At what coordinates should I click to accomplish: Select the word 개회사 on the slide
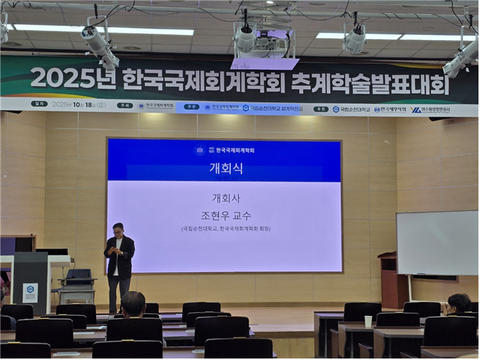224,198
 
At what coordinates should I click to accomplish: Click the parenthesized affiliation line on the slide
224,229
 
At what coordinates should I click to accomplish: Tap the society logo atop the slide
199,150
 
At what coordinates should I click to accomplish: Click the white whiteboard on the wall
437,242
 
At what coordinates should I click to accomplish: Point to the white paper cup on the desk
368,321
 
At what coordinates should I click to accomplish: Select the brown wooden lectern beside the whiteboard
388,279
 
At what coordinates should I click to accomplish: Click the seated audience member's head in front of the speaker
133,303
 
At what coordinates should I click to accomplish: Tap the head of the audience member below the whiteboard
458,303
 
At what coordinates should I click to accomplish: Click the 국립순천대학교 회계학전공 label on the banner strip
272,108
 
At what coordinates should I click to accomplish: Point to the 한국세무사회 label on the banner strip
390,109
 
